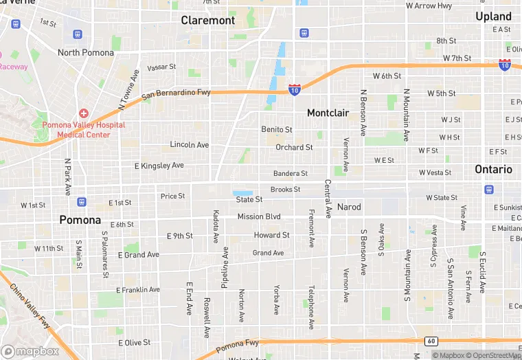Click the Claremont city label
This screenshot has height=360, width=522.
pyautogui.click(x=208, y=21)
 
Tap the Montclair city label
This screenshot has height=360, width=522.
pyautogui.click(x=328, y=113)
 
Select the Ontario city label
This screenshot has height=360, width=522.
pyautogui.click(x=493, y=169)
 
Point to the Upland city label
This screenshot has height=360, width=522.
pyautogui.click(x=493, y=16)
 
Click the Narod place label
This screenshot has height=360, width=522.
pyautogui.click(x=349, y=207)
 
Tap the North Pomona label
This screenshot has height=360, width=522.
pyautogui.click(x=86, y=52)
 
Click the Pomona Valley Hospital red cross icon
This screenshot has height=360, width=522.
pyautogui.click(x=83, y=113)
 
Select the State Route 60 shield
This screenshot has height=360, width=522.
pyautogui.click(x=431, y=341)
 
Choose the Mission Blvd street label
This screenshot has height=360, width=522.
pyautogui.click(x=259, y=216)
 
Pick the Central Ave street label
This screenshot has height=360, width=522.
pyautogui.click(x=328, y=199)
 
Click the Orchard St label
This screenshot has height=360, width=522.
pyautogui.click(x=294, y=147)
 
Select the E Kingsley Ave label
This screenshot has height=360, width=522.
pyautogui.click(x=159, y=166)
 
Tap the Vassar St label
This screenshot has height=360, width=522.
pyautogui.click(x=161, y=67)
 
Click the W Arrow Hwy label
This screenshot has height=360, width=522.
pyautogui.click(x=429, y=6)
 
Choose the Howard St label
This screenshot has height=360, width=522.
pyautogui.click(x=271, y=235)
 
